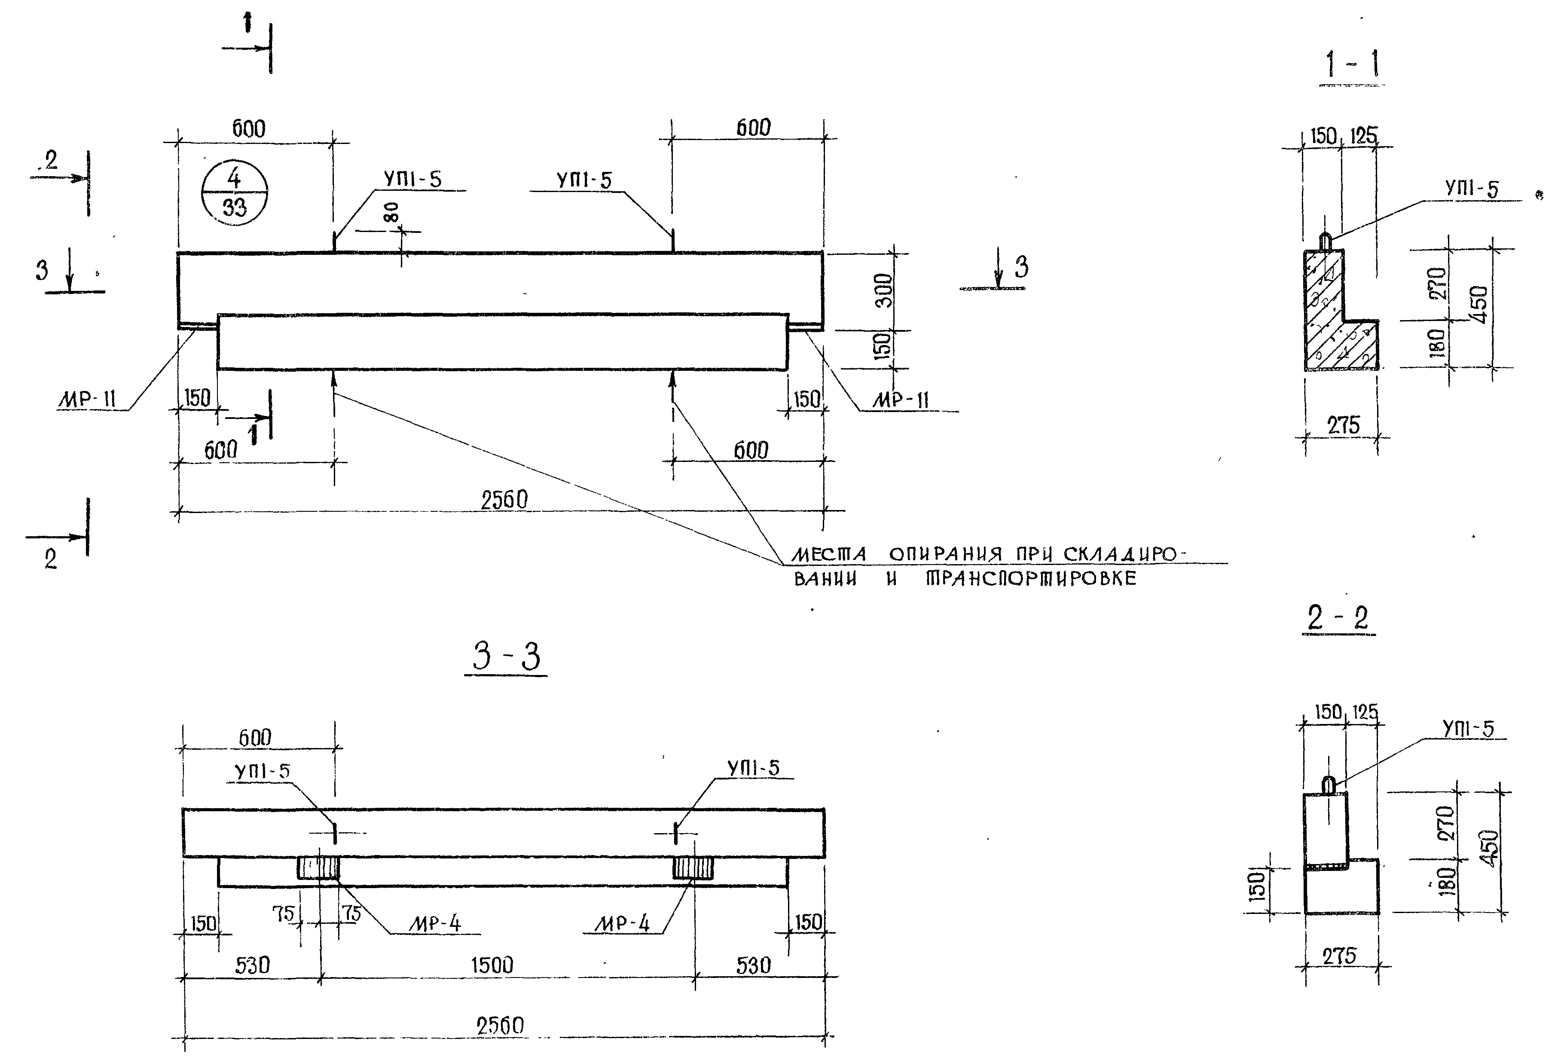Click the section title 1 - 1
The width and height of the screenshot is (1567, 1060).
tap(1351, 65)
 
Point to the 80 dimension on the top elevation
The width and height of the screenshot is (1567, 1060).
tap(394, 212)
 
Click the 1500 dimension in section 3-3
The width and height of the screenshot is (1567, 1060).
tap(492, 965)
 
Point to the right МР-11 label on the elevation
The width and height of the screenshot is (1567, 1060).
tap(901, 400)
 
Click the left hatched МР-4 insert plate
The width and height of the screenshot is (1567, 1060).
tap(318, 868)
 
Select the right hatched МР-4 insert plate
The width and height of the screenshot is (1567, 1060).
tap(693, 868)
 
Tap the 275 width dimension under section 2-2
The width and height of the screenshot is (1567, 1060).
tap(1339, 956)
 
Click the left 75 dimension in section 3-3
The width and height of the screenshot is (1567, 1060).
tap(283, 913)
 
